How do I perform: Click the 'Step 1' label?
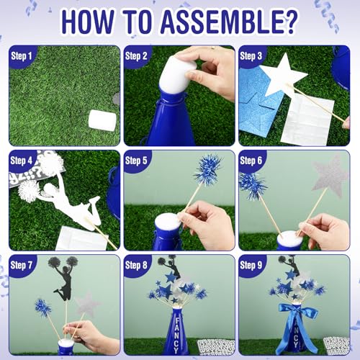[x=22, y=56]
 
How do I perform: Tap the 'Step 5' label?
[x=136, y=161]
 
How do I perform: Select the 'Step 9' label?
[x=251, y=265]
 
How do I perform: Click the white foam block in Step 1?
[x=102, y=121]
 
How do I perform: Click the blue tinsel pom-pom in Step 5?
[x=207, y=170]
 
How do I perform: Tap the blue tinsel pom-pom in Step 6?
[x=253, y=186]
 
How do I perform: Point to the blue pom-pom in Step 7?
[x=42, y=307]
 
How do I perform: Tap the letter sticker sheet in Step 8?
[x=216, y=347]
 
